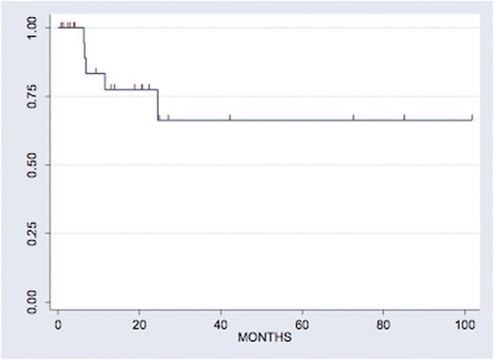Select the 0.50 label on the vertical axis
click(36, 165)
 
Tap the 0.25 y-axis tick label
click(36, 235)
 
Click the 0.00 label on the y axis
click(36, 304)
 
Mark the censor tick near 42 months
click(230, 118)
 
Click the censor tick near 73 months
click(353, 118)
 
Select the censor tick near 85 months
click(404, 118)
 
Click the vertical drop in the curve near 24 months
click(157, 104)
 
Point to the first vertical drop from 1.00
click(85, 49)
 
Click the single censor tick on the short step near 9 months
click(96, 70)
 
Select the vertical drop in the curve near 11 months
click(104, 82)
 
